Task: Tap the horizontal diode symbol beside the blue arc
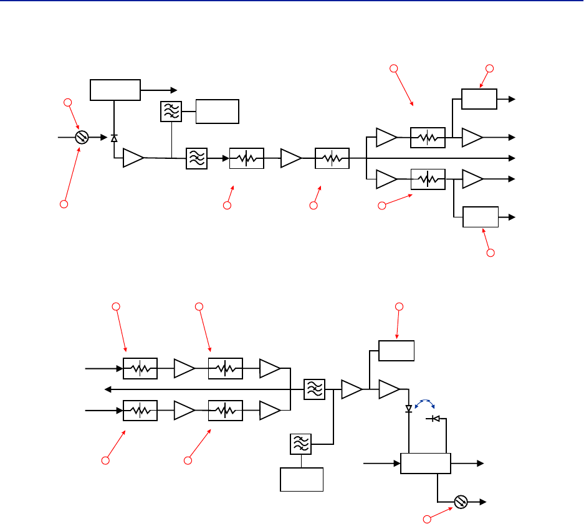[x=435, y=419]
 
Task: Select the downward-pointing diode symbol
[x=409, y=409]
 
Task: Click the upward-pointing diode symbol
[x=113, y=138]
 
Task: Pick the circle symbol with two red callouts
[x=81, y=137]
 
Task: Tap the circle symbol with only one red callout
[x=461, y=502]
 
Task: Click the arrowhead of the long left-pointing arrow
[x=108, y=389]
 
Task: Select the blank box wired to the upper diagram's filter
[x=218, y=112]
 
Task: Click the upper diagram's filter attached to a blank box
[x=170, y=112]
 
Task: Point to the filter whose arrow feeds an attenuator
[x=196, y=159]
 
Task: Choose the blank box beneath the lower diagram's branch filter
[x=302, y=479]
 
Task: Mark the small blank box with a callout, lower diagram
[x=397, y=351]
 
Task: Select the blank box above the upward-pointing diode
[x=115, y=90]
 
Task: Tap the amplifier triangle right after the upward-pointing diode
[x=133, y=158]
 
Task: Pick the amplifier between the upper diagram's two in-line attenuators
[x=290, y=158]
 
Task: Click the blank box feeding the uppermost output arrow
[x=479, y=99]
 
